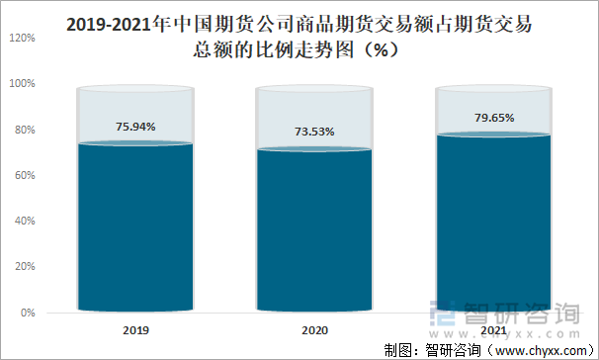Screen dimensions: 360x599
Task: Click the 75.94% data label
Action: pos(135,127)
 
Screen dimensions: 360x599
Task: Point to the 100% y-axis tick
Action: pos(23,84)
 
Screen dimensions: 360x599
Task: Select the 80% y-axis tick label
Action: pos(25,130)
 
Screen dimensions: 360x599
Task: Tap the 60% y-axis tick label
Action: pos(25,175)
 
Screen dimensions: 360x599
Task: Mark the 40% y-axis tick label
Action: pos(25,222)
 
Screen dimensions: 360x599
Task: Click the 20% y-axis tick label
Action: pos(25,267)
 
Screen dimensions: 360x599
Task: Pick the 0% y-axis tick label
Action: pos(28,313)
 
